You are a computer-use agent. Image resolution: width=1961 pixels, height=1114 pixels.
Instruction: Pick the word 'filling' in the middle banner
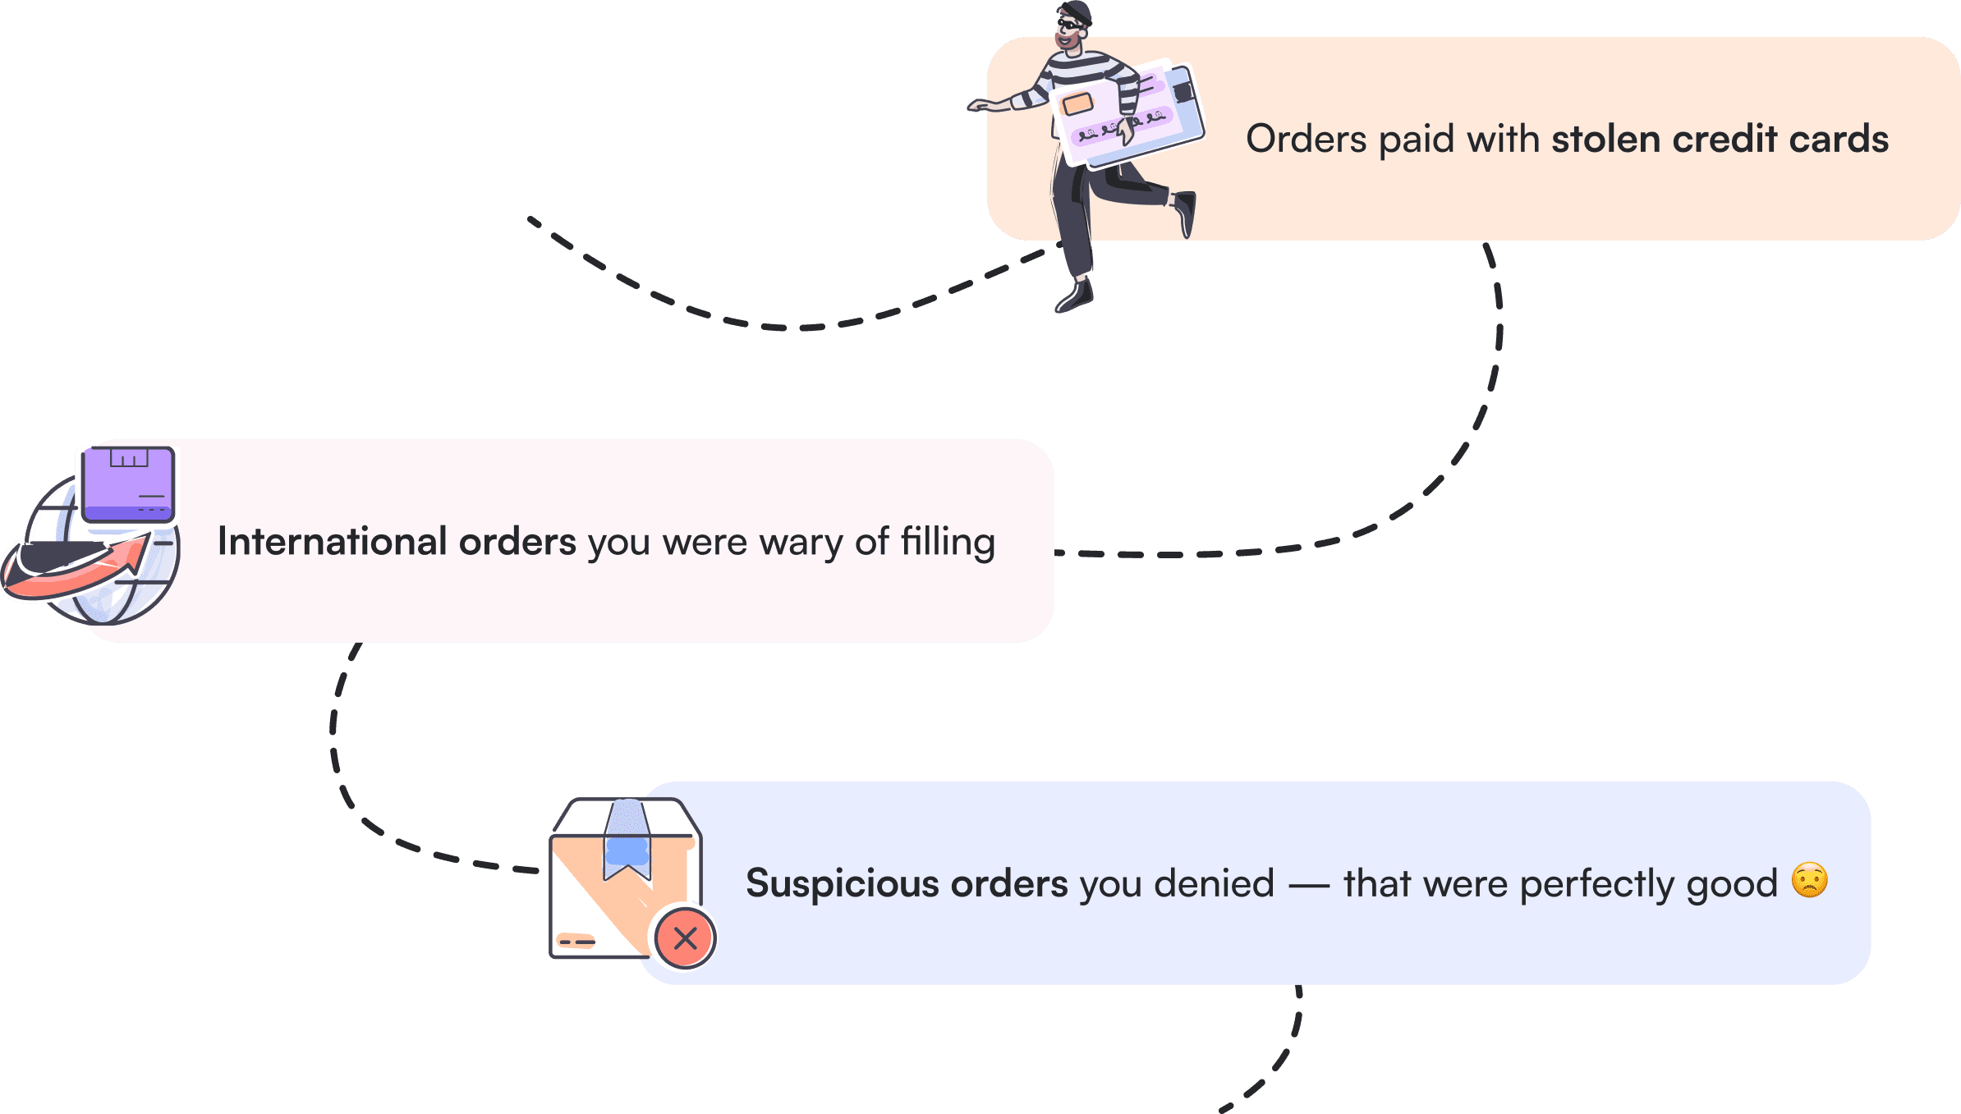948,542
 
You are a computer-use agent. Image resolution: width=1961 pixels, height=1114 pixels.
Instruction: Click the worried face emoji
1809,880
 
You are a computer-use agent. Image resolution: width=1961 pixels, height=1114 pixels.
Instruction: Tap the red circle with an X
685,938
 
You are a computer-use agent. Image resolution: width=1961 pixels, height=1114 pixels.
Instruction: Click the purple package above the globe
128,484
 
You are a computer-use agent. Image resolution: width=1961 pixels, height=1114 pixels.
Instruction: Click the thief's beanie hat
1077,11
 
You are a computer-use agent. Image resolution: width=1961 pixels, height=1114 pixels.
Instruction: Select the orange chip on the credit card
1077,104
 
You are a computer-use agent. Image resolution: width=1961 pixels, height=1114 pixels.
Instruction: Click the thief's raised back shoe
1185,212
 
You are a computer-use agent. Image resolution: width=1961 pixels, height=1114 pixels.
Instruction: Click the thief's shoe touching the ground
1075,296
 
